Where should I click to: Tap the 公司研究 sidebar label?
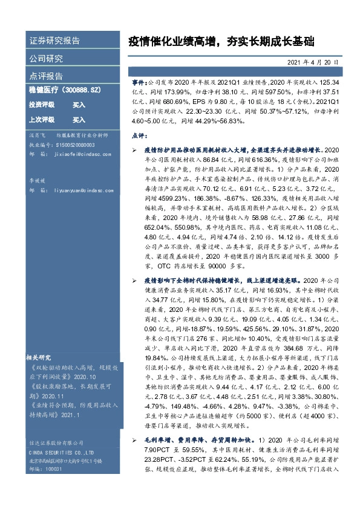pyautogui.click(x=46, y=59)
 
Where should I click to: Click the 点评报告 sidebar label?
pyautogui.click(x=46, y=77)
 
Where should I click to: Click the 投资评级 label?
pyautogui.click(x=42, y=105)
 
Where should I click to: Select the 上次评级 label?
pyautogui.click(x=42, y=120)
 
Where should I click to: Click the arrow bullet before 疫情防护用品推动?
pyautogui.click(x=136, y=149)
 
